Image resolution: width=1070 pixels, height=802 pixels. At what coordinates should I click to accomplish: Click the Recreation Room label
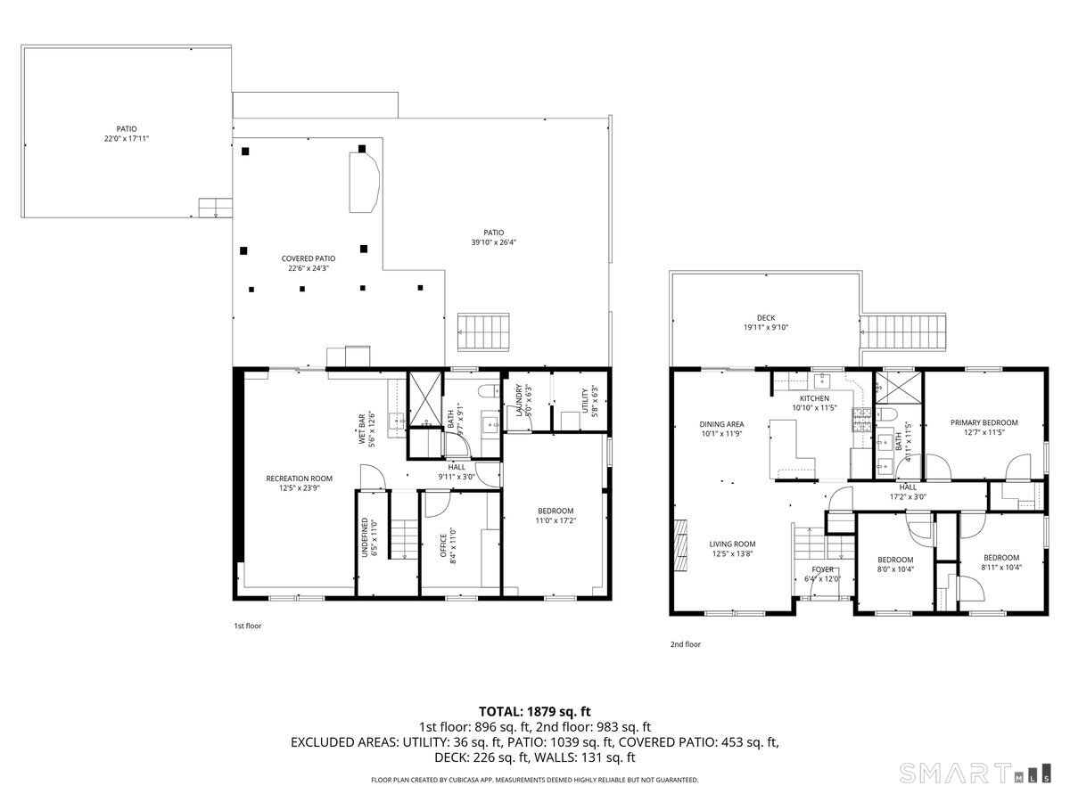299,479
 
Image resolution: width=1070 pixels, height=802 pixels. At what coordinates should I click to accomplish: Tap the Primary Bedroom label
984,422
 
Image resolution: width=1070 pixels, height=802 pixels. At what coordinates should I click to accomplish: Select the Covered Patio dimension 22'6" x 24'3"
309,268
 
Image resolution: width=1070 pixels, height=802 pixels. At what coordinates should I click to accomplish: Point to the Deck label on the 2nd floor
766,317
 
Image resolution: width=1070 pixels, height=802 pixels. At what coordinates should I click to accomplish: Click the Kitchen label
814,398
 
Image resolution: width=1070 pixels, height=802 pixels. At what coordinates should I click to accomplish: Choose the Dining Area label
721,424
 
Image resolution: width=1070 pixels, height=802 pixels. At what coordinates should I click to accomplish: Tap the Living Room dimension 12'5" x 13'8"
732,553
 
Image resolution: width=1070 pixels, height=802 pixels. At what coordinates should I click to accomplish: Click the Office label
443,545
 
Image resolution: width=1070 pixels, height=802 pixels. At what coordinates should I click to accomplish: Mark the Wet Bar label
362,430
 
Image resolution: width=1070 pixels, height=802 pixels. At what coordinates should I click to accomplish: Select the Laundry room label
519,400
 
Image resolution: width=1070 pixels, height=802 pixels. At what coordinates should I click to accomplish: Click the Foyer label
823,569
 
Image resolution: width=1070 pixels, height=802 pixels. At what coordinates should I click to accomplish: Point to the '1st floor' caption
248,626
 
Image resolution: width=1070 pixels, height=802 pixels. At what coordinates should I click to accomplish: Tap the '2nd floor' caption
686,644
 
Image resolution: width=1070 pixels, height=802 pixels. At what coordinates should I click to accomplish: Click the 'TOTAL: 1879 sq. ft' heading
535,711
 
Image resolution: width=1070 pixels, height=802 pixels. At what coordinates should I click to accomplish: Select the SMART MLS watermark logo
975,773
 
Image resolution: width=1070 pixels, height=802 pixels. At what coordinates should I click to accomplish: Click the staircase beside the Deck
902,331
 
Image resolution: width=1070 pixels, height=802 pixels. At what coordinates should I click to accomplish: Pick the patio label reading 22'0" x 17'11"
127,138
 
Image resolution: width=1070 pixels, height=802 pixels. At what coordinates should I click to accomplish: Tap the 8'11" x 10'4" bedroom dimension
1001,567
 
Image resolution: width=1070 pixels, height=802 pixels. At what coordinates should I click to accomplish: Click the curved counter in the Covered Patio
364,182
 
